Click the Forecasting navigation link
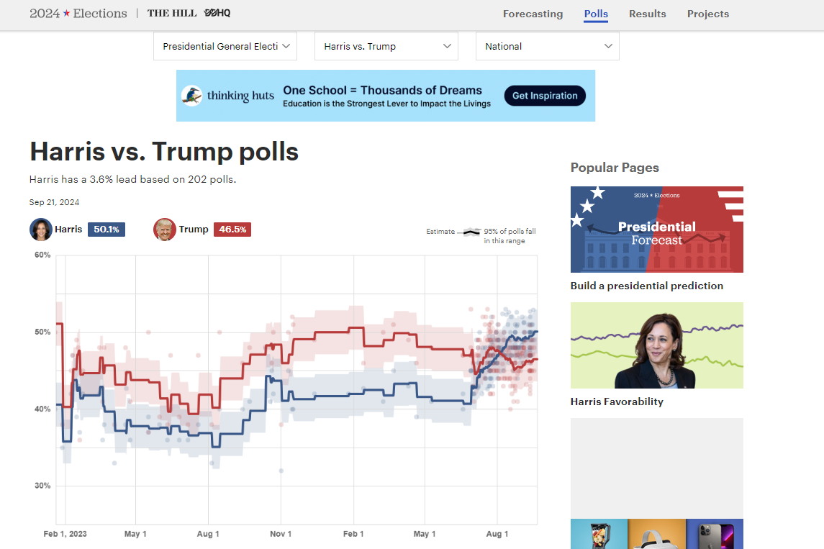pyautogui.click(x=533, y=14)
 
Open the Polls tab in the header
pyautogui.click(x=596, y=14)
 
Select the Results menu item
pyautogui.click(x=647, y=14)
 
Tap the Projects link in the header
pyautogui.click(x=707, y=14)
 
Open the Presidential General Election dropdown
pyautogui.click(x=225, y=46)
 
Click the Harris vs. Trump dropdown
pyautogui.click(x=386, y=46)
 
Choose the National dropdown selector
pyautogui.click(x=548, y=46)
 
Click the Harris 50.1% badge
pyautogui.click(x=107, y=230)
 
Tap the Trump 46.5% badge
pyautogui.click(x=232, y=230)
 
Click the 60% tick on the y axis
pyautogui.click(x=42, y=255)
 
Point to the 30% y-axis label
pyautogui.click(x=42, y=486)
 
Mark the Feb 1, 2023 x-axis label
pyautogui.click(x=65, y=534)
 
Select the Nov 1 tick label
pyautogui.click(x=281, y=534)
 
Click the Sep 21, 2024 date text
pyautogui.click(x=54, y=202)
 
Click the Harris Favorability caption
pyautogui.click(x=617, y=401)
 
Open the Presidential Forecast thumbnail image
pyautogui.click(x=656, y=230)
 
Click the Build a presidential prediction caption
pyautogui.click(x=646, y=286)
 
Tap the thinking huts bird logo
pyautogui.click(x=191, y=96)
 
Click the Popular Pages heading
pyautogui.click(x=615, y=168)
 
